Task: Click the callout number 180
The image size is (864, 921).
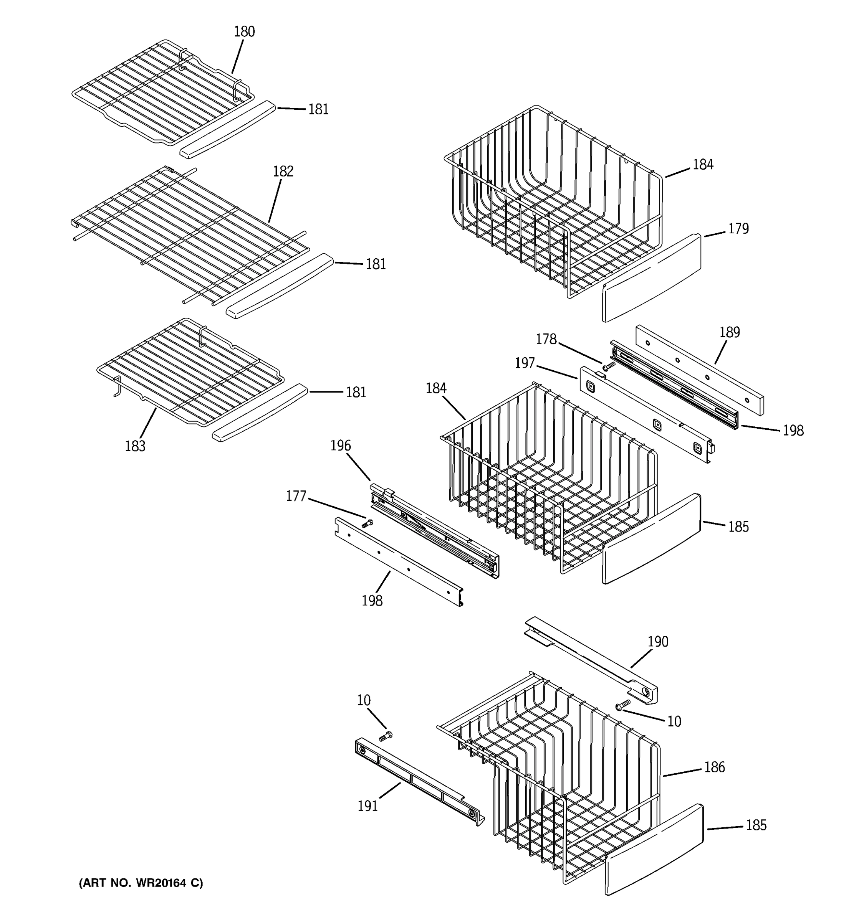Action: pyautogui.click(x=244, y=31)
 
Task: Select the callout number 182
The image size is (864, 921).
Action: pyautogui.click(x=283, y=172)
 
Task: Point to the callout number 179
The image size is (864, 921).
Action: pyautogui.click(x=738, y=228)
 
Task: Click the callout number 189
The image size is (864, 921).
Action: pyautogui.click(x=730, y=332)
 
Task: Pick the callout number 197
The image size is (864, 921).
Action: pyautogui.click(x=525, y=363)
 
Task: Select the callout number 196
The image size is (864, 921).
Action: pyautogui.click(x=340, y=445)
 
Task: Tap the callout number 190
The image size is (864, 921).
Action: pyautogui.click(x=658, y=642)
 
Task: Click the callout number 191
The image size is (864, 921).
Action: pyautogui.click(x=367, y=806)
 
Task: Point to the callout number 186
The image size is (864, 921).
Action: pyautogui.click(x=714, y=767)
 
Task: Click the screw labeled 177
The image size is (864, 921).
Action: pyautogui.click(x=367, y=524)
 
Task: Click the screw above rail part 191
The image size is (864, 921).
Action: pyautogui.click(x=385, y=735)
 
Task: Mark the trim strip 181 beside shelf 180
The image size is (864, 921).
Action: pyautogui.click(x=227, y=130)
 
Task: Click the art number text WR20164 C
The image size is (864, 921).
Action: pyautogui.click(x=141, y=883)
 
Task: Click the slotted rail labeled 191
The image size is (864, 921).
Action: pyautogui.click(x=417, y=782)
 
